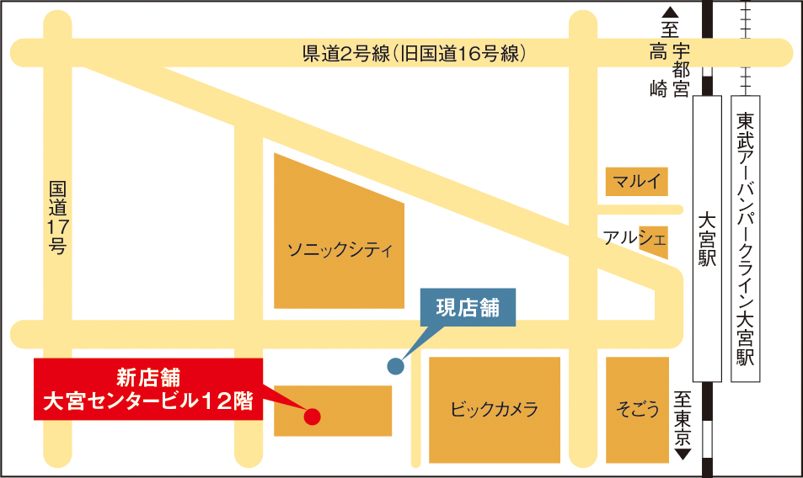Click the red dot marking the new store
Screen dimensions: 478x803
[x=312, y=415]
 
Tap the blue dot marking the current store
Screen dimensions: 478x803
[x=395, y=365]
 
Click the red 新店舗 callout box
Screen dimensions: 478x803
[x=148, y=388]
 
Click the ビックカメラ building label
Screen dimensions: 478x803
[x=495, y=410]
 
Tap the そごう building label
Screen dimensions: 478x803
[x=637, y=410]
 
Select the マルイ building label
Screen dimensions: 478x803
[x=637, y=181]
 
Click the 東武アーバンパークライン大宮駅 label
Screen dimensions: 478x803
[x=744, y=239]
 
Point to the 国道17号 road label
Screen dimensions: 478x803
[x=56, y=218]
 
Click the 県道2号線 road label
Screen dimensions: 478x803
[x=415, y=54]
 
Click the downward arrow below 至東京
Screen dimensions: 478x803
[x=683, y=454]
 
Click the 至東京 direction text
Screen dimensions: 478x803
[x=683, y=418]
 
